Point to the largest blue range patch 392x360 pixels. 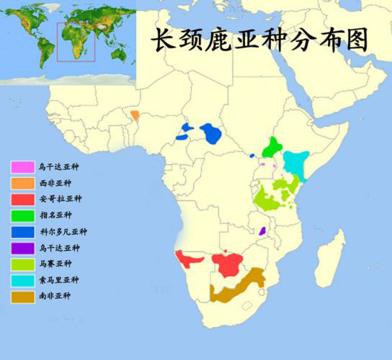(x=211, y=133)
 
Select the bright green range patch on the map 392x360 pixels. (x=272, y=148)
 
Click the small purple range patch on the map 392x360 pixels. (x=263, y=231)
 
